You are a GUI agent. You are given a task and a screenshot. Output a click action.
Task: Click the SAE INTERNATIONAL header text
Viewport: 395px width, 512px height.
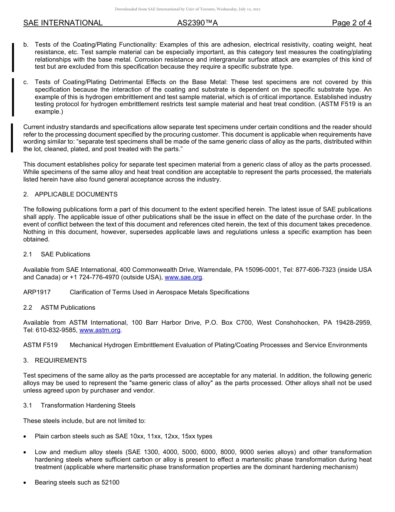[x=63, y=23]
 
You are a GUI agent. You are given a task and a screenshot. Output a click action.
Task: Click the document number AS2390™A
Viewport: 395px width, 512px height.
[x=197, y=23]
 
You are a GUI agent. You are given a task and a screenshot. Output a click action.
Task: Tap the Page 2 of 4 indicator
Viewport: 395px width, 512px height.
[x=351, y=23]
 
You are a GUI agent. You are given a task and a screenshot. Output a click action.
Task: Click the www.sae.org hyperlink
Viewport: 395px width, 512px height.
[x=183, y=277]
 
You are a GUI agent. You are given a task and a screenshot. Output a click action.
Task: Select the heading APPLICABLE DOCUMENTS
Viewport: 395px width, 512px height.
[x=76, y=194]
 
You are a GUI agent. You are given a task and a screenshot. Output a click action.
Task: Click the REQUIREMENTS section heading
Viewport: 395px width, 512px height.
[x=61, y=360]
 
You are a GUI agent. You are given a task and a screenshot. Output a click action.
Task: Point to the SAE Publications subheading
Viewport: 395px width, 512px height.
[x=65, y=254]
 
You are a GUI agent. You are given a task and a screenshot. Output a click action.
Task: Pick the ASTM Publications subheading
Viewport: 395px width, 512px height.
[x=68, y=308]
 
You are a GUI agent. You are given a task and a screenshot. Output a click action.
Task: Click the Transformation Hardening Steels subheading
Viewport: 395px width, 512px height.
[x=88, y=405]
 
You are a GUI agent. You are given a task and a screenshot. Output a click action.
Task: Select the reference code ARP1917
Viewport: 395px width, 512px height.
[x=37, y=292]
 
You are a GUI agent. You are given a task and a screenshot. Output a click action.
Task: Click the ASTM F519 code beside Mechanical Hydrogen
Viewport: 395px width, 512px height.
[x=40, y=345]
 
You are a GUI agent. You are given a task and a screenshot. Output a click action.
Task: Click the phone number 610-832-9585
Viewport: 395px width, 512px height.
[x=56, y=330]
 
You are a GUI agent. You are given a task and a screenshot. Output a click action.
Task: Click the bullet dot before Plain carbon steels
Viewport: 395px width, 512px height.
[x=26, y=437]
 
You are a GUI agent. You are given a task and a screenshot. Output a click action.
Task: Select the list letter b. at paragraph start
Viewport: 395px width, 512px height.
[x=26, y=45]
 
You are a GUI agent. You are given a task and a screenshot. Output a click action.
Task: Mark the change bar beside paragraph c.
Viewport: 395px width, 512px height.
[x=13, y=97]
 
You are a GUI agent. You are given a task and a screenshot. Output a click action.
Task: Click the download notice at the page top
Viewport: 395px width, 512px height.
[x=188, y=9]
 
